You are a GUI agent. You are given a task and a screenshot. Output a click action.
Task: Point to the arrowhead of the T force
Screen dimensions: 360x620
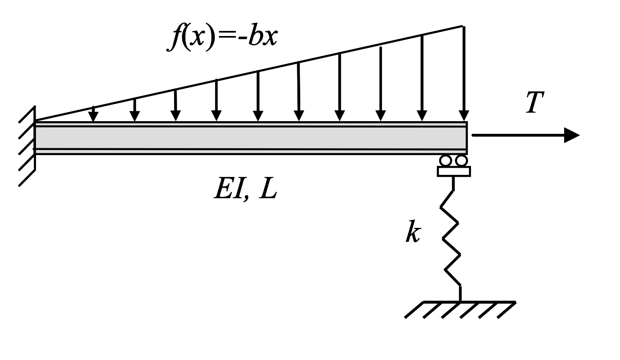tap(572, 135)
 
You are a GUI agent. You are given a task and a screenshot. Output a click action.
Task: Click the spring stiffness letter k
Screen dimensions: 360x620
tap(412, 232)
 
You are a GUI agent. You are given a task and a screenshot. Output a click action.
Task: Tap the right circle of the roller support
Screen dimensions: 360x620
tap(461, 161)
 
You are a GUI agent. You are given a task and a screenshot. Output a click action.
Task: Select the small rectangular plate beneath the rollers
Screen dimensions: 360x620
tap(454, 171)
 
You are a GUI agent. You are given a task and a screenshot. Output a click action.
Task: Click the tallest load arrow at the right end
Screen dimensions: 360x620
tap(464, 72)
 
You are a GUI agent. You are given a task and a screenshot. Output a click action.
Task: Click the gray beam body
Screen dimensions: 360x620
tap(250, 138)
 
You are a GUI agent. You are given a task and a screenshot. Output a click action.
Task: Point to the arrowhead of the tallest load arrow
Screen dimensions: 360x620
tap(464, 116)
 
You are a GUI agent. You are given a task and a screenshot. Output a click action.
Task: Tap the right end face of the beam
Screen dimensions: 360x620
tap(466, 138)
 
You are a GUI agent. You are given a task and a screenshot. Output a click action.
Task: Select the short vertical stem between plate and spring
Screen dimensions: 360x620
tap(454, 183)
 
